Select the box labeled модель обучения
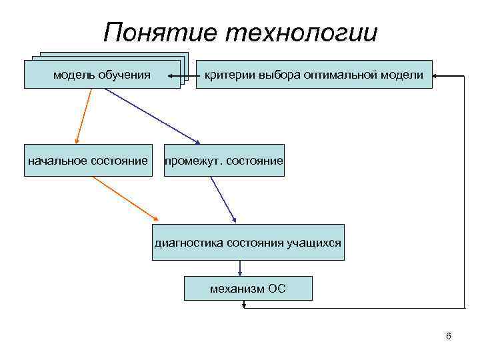(102, 74)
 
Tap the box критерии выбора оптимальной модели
(313, 74)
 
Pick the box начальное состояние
(87, 161)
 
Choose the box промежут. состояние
(224, 161)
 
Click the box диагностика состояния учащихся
(248, 242)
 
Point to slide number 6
(449, 336)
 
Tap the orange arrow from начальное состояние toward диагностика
(127, 198)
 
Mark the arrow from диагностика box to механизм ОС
(240, 267)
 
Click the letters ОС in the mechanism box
(277, 289)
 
